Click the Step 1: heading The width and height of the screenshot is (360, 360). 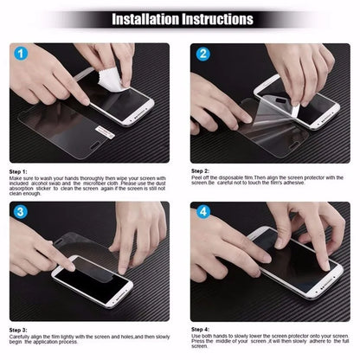click(x=19, y=170)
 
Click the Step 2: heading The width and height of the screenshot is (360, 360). click(x=201, y=170)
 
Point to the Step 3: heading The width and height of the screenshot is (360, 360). click(x=19, y=331)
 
